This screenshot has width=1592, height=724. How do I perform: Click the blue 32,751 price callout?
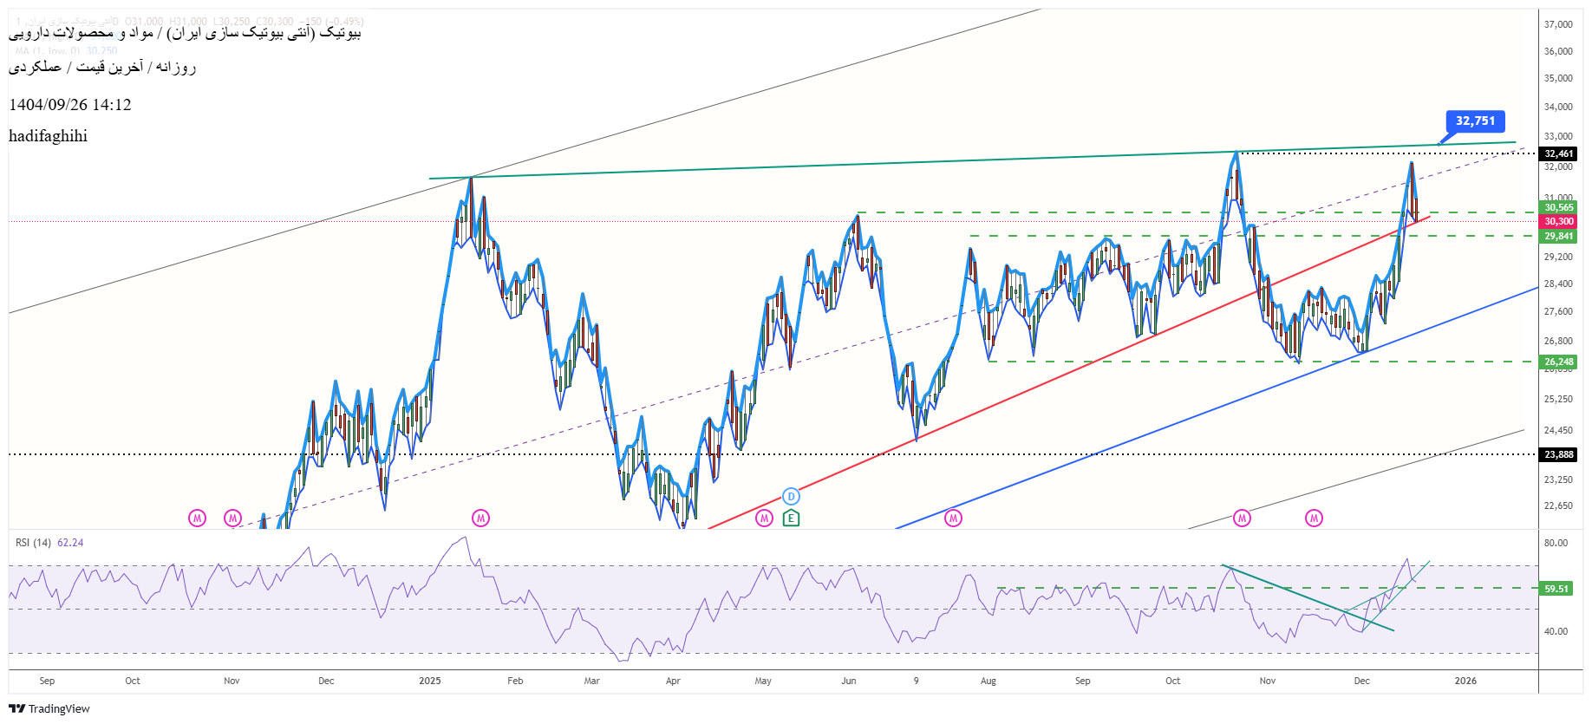coord(1475,121)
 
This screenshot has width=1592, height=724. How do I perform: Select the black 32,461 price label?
coord(1558,153)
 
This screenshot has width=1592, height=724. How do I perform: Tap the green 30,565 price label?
coord(1558,207)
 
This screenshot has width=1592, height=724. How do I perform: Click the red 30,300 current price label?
coord(1558,222)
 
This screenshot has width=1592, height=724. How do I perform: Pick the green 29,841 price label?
coord(1558,236)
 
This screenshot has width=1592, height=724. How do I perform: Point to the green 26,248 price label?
coord(1558,362)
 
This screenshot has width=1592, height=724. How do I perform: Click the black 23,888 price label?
coord(1558,454)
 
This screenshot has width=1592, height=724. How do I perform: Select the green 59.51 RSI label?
coord(1556,589)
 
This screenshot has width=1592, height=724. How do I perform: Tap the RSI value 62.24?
coord(70,543)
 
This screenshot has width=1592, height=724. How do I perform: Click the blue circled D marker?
coord(791,497)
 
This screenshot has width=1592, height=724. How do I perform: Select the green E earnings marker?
coord(791,519)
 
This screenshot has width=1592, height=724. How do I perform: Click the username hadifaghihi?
coord(48,136)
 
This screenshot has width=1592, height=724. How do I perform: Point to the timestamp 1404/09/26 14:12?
coord(70,105)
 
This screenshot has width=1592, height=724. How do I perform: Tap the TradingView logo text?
coord(58,709)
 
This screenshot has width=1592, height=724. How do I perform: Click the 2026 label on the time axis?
coord(1465,681)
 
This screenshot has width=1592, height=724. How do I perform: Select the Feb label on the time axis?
coord(515,681)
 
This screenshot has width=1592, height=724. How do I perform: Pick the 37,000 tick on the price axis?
coord(1558,24)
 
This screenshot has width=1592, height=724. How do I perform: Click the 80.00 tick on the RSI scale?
coord(1556,543)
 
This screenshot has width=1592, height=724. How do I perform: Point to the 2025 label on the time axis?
coord(430,681)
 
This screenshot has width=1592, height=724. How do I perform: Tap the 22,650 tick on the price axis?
coord(1558,505)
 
